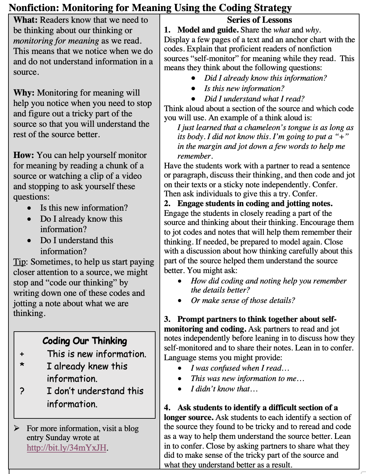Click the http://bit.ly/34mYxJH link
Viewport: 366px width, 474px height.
pos(66,448)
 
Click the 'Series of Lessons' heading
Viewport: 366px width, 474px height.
pos(259,20)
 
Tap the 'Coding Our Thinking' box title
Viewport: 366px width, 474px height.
pos(84,341)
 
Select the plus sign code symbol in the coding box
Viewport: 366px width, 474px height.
pos(22,354)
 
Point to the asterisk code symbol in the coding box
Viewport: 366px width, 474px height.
pos(22,365)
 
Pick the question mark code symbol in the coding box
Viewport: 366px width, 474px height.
pos(22,391)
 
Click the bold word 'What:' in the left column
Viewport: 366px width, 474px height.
pos(25,20)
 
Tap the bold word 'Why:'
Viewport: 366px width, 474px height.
pos(24,93)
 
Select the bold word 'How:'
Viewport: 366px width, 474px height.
pos(23,155)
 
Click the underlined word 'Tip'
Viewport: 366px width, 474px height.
pos(19,262)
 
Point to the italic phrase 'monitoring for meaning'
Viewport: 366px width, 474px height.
pos(56,41)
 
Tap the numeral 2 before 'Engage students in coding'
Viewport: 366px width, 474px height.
pos(167,204)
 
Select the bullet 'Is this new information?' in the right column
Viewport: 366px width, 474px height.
pos(244,88)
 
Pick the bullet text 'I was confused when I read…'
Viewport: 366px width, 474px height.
pos(240,368)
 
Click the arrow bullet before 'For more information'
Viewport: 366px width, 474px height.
pos(17,428)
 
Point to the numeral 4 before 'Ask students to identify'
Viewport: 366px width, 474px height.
pos(167,408)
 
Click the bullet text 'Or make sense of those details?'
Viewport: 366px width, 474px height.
pos(243,300)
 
